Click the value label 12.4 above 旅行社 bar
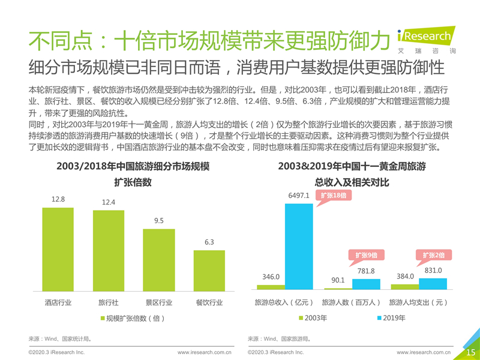tap(109, 203)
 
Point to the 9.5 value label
tap(159, 221)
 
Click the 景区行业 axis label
tap(159, 302)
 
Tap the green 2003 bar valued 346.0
tap(271, 287)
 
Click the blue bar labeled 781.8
tap(366, 285)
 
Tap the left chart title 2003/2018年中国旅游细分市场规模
tap(133, 166)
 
